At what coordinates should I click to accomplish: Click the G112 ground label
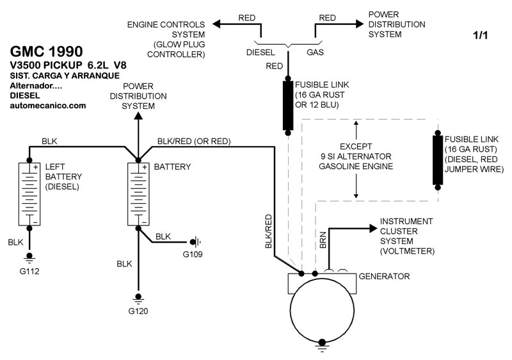[x=29, y=270]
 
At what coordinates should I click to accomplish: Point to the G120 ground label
[x=138, y=312]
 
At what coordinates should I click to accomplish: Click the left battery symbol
[x=29, y=194]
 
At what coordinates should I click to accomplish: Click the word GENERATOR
[x=384, y=277]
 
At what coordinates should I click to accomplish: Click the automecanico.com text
[x=48, y=106]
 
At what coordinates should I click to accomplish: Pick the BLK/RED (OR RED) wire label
[x=194, y=141]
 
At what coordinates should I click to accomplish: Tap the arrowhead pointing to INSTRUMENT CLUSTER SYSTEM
[x=372, y=228]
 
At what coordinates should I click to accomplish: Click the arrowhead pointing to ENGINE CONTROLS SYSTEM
[x=216, y=24]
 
